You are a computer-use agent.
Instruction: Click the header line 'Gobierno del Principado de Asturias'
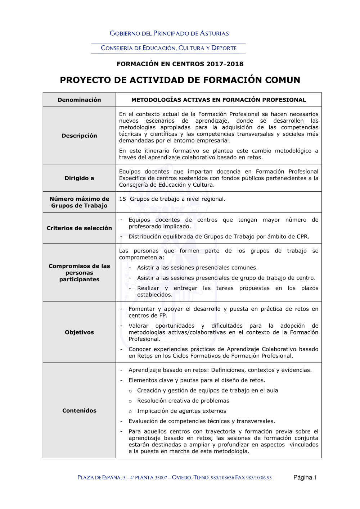[169, 33]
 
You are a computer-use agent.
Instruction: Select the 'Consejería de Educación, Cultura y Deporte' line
[168, 48]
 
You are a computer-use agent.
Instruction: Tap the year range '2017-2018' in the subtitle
[225, 64]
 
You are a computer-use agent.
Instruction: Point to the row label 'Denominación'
[79, 100]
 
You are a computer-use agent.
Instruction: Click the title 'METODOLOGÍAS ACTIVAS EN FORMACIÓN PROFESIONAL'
[219, 100]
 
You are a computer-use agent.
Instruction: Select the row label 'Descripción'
[79, 136]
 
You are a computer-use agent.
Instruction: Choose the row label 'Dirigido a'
[79, 178]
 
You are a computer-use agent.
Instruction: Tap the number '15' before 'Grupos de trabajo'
[123, 199]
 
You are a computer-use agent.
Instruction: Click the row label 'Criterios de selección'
[79, 228]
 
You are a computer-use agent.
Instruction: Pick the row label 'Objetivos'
[79, 332]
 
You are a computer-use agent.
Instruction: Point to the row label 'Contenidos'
[79, 410]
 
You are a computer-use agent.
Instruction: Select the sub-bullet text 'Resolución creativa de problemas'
[183, 401]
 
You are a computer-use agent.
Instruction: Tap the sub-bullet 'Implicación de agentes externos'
[181, 411]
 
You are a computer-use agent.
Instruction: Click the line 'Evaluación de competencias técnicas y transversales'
[202, 421]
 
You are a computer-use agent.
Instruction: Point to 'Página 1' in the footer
[305, 477]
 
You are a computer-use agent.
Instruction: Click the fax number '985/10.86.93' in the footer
[259, 478]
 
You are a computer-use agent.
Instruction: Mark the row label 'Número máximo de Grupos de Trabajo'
[79, 202]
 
